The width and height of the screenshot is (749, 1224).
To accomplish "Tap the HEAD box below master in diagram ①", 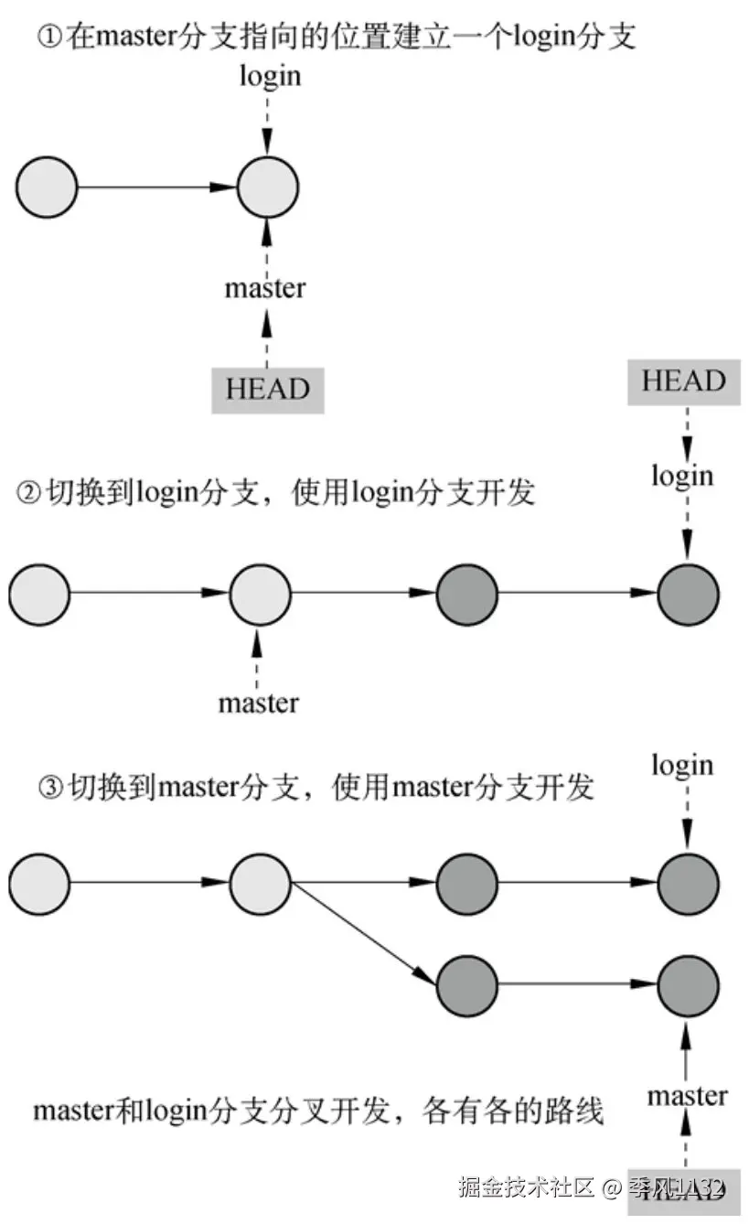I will point(267,389).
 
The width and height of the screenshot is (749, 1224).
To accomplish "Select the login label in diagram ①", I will point(270,76).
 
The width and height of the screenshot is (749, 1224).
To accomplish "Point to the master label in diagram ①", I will point(265,288).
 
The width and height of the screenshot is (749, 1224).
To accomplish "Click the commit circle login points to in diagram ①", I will point(267,188).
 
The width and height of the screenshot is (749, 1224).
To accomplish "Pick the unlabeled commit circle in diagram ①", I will point(46,188).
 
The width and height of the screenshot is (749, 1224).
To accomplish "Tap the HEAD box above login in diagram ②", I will point(683,381).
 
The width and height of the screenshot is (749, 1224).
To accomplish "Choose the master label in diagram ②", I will point(258,703).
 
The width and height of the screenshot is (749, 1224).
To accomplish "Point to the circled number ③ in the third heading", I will point(50,787).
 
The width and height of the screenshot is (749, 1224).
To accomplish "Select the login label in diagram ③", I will point(682,765).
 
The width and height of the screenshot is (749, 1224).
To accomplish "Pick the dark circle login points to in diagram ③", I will point(687,885).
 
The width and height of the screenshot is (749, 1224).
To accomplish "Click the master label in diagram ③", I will point(687,1095).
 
